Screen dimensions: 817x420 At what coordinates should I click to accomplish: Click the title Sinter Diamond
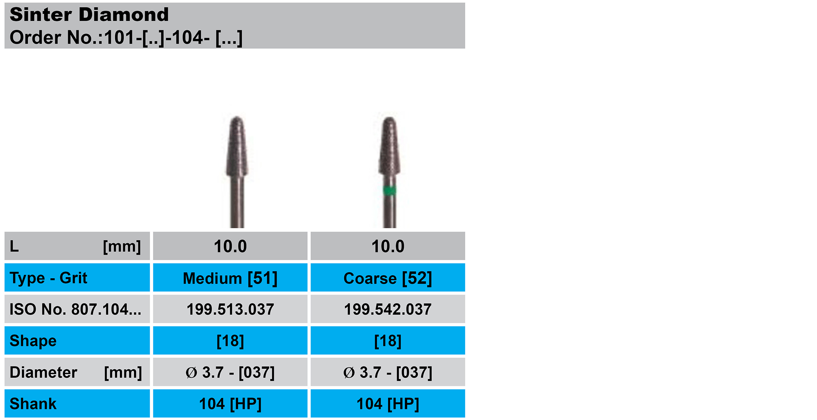point(89,15)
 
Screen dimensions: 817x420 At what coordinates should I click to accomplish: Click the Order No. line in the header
point(126,37)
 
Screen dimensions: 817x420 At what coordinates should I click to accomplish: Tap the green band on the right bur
point(390,190)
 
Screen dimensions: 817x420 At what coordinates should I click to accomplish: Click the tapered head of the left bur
point(237,147)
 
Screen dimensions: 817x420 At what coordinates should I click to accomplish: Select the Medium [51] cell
point(230,278)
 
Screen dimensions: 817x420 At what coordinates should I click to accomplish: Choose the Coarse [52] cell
point(388,278)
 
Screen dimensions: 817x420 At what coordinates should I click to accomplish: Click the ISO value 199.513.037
point(230,309)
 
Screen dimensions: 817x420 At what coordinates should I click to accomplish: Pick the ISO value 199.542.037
point(388,309)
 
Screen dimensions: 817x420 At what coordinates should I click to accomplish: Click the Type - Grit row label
point(48,278)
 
